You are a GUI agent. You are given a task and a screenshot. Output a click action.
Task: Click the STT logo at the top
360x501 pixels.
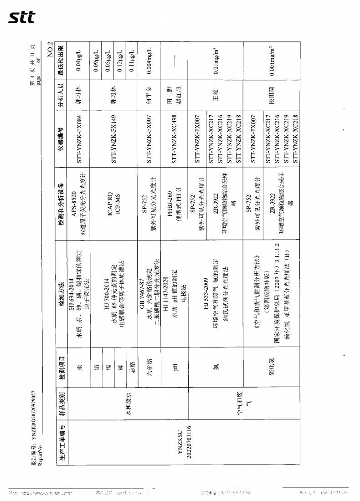[22, 17]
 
